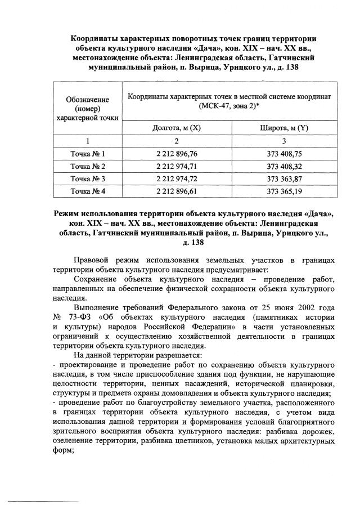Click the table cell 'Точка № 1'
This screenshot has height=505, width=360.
(87, 153)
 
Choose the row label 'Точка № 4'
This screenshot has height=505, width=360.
(87, 192)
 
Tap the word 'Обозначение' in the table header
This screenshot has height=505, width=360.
(87, 100)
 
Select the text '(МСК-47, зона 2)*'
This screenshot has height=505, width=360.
(229, 105)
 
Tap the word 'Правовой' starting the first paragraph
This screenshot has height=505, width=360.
(91, 261)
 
